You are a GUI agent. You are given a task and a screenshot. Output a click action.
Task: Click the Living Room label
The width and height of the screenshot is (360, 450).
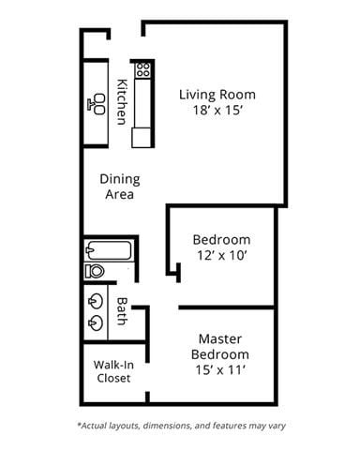click(x=217, y=95)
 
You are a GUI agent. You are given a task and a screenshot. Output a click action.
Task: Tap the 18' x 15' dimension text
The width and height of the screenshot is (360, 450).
click(x=217, y=110)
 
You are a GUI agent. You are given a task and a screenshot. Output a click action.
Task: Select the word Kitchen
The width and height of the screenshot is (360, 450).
click(x=121, y=101)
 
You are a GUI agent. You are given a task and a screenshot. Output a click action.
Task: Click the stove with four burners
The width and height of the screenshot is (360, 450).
click(x=143, y=69)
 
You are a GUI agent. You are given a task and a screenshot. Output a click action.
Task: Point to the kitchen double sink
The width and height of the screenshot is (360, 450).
click(x=97, y=104)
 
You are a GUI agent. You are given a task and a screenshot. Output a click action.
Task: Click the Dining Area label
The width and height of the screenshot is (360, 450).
click(x=118, y=187)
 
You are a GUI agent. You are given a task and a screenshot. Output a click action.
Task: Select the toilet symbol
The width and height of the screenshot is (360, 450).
click(x=95, y=271)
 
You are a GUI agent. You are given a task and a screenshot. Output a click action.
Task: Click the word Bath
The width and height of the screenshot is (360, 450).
click(x=121, y=310)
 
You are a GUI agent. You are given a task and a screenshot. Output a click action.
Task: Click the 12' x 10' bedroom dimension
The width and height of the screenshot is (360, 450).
click(x=221, y=254)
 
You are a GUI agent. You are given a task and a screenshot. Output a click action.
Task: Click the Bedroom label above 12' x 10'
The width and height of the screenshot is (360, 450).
click(x=221, y=239)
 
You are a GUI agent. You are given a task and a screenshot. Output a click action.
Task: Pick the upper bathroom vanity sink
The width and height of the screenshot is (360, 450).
click(x=97, y=302)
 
